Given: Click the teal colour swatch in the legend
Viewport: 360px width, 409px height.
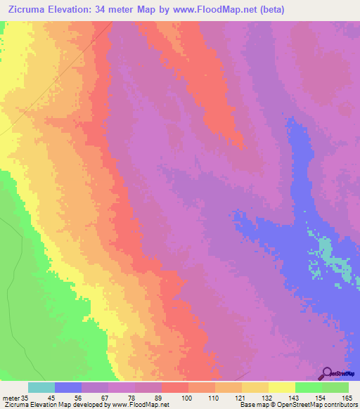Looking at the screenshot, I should [x=41, y=387].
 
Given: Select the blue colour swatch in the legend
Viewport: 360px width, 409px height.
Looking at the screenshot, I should [x=68, y=387].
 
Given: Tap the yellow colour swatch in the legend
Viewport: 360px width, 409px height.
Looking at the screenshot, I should [x=282, y=387].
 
